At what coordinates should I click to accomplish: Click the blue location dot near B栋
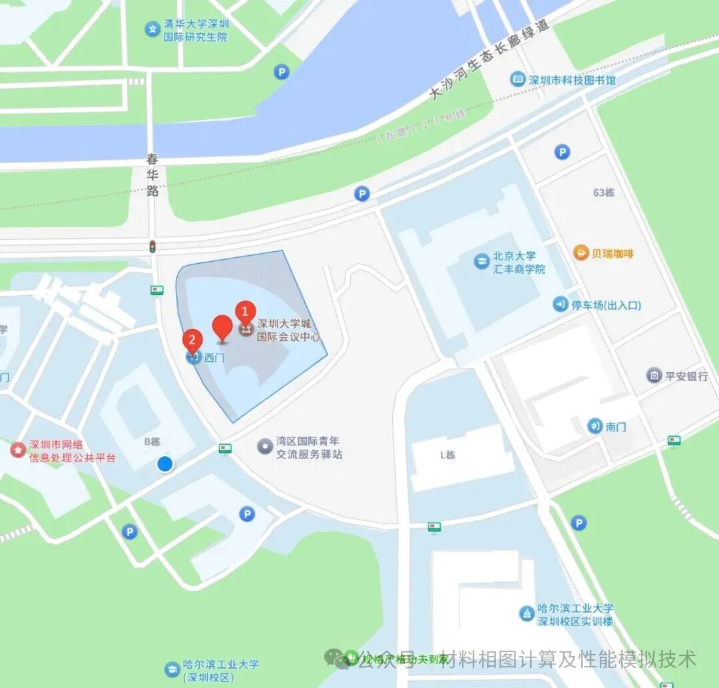pyautogui.click(x=164, y=464)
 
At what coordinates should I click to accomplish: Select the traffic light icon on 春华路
pyautogui.click(x=152, y=246)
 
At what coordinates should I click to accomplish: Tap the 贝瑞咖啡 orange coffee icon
pyautogui.click(x=581, y=253)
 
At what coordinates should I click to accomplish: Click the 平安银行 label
pyautogui.click(x=688, y=376)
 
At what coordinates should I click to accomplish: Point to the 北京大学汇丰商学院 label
pyautogui.click(x=519, y=262)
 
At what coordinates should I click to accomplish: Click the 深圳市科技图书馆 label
pyautogui.click(x=572, y=80)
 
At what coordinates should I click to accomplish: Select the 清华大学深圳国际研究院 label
pyautogui.click(x=195, y=31)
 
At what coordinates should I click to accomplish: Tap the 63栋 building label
pyautogui.click(x=603, y=193)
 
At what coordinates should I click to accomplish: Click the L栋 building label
pyautogui.click(x=447, y=456)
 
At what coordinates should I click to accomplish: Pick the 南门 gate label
pyautogui.click(x=616, y=426)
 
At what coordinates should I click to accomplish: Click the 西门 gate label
pyautogui.click(x=214, y=358)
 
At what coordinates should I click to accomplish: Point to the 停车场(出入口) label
pyautogui.click(x=606, y=305)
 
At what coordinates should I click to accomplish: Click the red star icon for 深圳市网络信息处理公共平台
pyautogui.click(x=17, y=449)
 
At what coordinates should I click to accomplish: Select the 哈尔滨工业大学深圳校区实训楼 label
pyautogui.click(x=576, y=615)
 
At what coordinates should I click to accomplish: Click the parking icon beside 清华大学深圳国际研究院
pyautogui.click(x=282, y=72)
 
